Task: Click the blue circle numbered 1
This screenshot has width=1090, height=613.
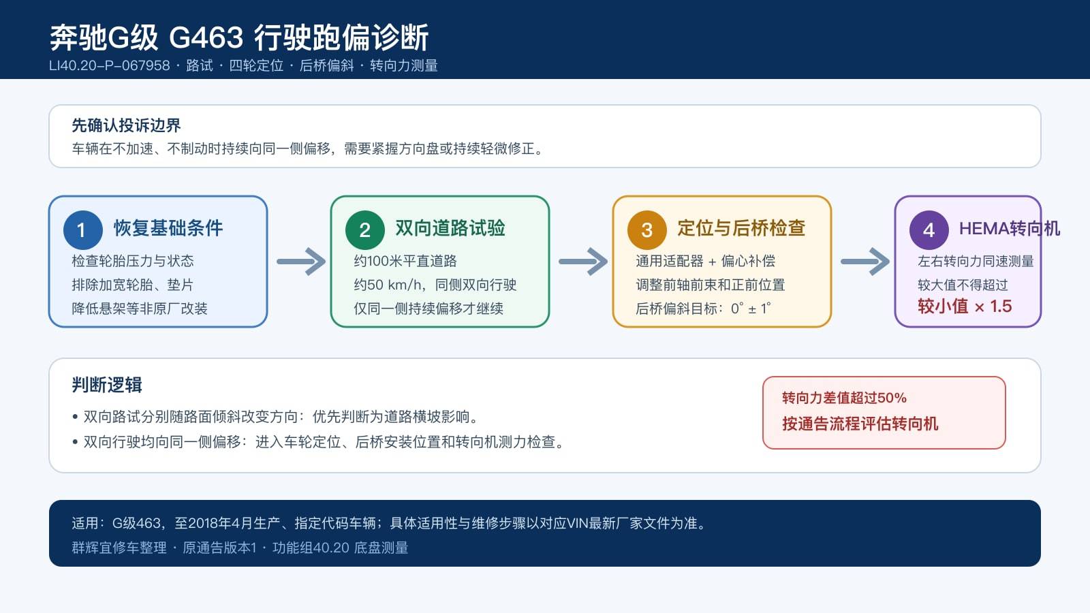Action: pyautogui.click(x=82, y=230)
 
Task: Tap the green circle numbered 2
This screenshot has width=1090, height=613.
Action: pyautogui.click(x=365, y=230)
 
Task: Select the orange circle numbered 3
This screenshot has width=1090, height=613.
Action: pyautogui.click(x=647, y=230)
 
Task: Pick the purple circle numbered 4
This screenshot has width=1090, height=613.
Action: pyautogui.click(x=929, y=230)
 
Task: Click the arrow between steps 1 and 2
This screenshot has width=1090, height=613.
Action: pyautogui.click(x=301, y=262)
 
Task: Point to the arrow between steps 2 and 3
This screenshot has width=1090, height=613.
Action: pyautogui.click(x=583, y=262)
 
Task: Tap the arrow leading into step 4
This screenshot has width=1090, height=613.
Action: pyautogui.click(x=865, y=262)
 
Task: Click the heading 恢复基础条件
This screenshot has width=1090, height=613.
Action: pyautogui.click(x=168, y=228)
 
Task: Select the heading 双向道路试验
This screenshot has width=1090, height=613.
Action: pyautogui.click(x=450, y=228)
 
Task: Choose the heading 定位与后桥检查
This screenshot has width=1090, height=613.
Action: pyautogui.click(x=741, y=228)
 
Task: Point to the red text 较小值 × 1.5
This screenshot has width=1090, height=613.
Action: pyautogui.click(x=965, y=306)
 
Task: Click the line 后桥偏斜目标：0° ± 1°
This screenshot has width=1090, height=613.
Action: pyautogui.click(x=703, y=309)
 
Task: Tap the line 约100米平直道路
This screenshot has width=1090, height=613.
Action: pyautogui.click(x=405, y=262)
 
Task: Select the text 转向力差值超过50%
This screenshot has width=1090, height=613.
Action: pyautogui.click(x=844, y=398)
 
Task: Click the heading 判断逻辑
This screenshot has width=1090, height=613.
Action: pyautogui.click(x=106, y=385)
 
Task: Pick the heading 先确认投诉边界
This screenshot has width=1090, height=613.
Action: pyautogui.click(x=126, y=125)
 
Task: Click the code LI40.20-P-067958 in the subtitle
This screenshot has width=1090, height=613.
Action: pyautogui.click(x=110, y=65)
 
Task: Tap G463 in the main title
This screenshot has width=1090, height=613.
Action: pyautogui.click(x=206, y=37)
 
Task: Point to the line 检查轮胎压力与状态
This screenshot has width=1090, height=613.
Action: pyautogui.click(x=132, y=262)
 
